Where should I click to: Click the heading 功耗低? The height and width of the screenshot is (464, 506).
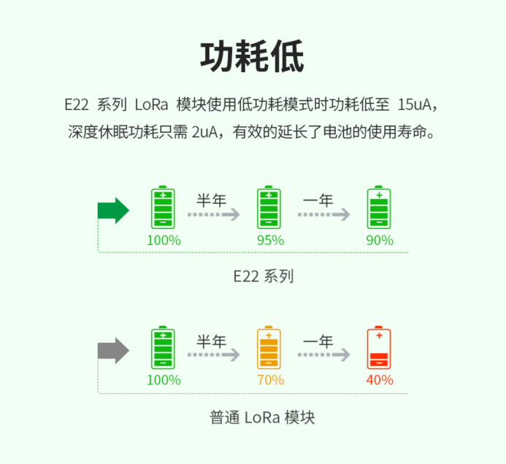click(253, 56)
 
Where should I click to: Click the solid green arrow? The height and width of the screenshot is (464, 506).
click(113, 211)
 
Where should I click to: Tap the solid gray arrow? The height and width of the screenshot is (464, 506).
click(113, 351)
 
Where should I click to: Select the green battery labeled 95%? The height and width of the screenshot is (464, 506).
click(269, 208)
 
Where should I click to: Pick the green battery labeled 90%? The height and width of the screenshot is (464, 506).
click(379, 208)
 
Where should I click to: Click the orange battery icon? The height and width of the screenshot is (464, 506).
click(269, 348)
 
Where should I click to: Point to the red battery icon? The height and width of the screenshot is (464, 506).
click(379, 348)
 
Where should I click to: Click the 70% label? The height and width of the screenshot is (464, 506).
click(270, 380)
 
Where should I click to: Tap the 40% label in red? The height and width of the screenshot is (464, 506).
click(380, 380)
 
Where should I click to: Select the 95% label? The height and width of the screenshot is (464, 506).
click(270, 240)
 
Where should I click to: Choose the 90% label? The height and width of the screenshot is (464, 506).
click(380, 240)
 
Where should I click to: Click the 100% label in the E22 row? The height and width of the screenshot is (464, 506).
click(164, 240)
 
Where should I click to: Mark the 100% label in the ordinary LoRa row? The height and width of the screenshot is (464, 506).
click(164, 380)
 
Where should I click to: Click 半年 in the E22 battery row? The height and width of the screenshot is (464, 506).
click(212, 200)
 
